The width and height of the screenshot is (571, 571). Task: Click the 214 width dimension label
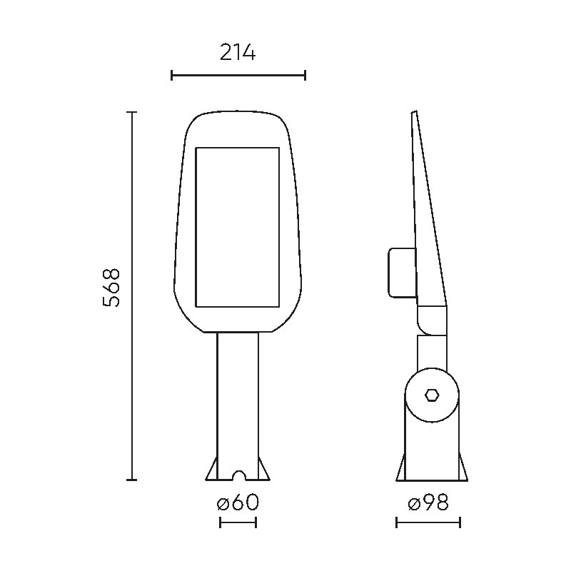[238, 52]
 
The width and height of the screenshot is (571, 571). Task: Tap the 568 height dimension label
[111, 288]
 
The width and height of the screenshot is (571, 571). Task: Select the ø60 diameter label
[238, 502]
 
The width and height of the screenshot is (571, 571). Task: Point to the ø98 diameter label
[428, 502]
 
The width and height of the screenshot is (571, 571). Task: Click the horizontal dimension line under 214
[238, 76]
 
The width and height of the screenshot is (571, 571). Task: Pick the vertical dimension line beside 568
[131, 296]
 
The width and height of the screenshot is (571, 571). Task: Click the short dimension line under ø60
[238, 522]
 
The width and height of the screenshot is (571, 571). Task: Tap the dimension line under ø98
[428, 522]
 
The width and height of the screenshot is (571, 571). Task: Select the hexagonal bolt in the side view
[432, 395]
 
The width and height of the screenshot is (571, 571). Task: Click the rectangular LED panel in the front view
[238, 227]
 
